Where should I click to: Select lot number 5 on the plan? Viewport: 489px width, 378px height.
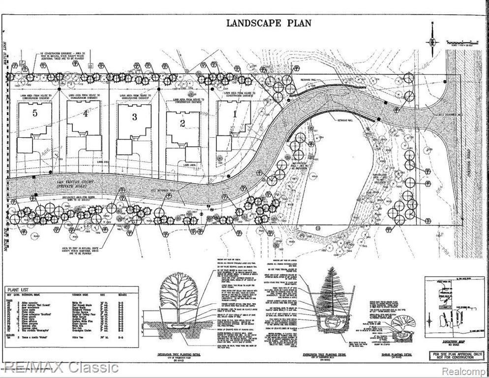[34, 113]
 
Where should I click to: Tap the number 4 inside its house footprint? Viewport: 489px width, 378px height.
[85, 114]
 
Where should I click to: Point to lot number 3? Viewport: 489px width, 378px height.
[134, 117]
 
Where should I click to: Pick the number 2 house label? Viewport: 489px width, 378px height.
[183, 123]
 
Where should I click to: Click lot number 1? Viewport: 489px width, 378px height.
[234, 114]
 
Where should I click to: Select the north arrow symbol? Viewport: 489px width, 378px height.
[432, 42]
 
